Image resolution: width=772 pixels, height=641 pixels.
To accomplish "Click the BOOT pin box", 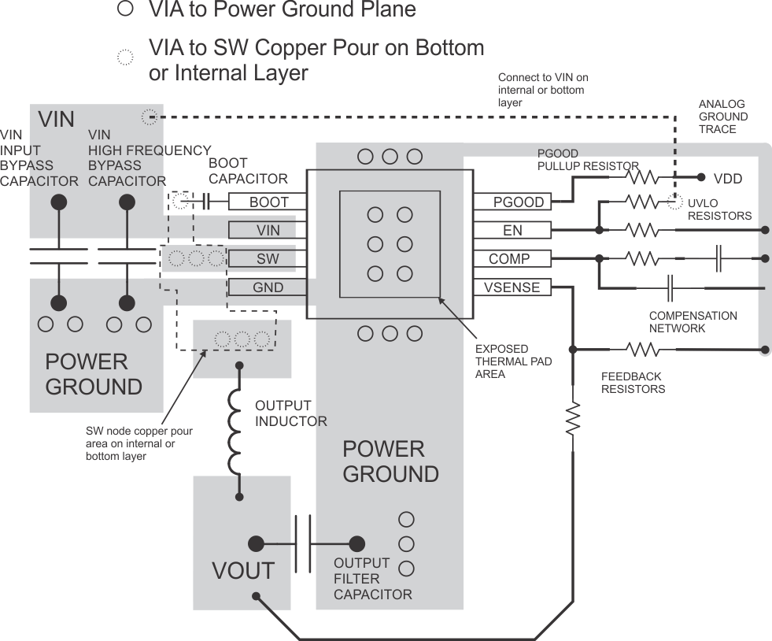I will [x=268, y=202].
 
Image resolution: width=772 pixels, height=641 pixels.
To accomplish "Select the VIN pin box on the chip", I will [x=268, y=230].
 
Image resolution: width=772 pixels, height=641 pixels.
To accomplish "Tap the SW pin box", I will [x=268, y=258].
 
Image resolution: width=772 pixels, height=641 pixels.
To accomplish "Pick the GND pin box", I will [x=268, y=287].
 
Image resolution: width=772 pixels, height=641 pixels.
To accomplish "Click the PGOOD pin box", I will [x=512, y=202].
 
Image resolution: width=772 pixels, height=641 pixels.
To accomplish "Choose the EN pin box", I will [x=512, y=230].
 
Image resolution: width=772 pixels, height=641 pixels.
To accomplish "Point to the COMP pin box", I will [x=512, y=258].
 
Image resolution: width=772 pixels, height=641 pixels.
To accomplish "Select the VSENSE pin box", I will [x=512, y=287].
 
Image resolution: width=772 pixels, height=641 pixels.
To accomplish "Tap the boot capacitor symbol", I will [x=205, y=202].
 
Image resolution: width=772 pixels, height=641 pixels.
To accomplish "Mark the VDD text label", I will [x=727, y=179].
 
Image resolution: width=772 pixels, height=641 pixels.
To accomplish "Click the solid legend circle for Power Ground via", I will [x=124, y=9].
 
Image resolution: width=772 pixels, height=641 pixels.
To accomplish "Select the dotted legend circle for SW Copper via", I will [x=124, y=57].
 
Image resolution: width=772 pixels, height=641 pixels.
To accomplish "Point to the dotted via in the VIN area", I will [x=148, y=117].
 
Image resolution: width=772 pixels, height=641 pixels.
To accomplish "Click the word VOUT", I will [x=242, y=571].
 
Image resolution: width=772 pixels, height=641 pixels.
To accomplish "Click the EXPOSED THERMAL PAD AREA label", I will [x=513, y=361].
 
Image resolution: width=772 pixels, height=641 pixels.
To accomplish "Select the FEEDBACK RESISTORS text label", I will [x=633, y=383].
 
